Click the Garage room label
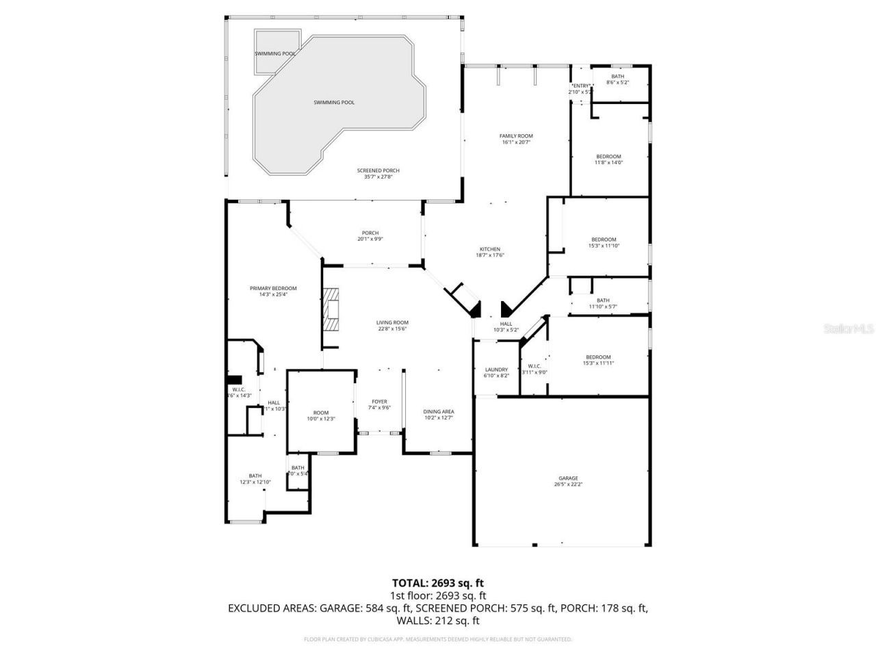[568, 478]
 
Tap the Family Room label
[516, 136]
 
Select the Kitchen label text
[489, 249]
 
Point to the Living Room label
[392, 322]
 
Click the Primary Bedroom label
[273, 289]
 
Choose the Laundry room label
[496, 370]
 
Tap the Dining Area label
[439, 411]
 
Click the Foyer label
[379, 402]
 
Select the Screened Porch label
[378, 170]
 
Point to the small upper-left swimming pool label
[275, 53]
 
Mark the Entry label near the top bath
[580, 86]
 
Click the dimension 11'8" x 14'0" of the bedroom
[608, 163]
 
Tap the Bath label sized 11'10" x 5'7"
[603, 300]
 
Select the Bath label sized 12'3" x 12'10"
[255, 476]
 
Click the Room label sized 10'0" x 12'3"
[321, 413]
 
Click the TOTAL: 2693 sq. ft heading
[438, 583]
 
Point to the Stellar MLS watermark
[848, 329]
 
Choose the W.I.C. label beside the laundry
[534, 365]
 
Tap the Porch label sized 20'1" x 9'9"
[370, 233]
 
